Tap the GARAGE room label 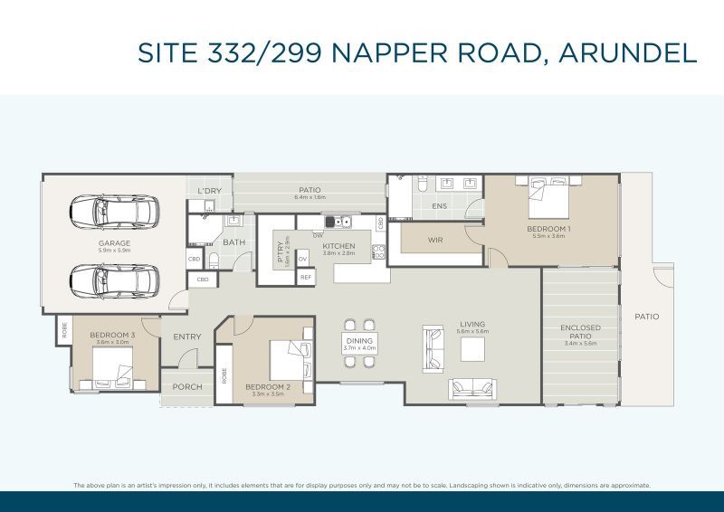coord(115,243)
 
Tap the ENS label coord(439,206)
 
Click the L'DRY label coord(209,191)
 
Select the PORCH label coord(187,387)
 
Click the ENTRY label coord(187,337)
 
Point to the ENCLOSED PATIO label coord(580,332)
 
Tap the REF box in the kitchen coord(305,277)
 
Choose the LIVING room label coord(472,324)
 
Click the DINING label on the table coord(359,341)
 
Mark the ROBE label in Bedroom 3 coord(63,331)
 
